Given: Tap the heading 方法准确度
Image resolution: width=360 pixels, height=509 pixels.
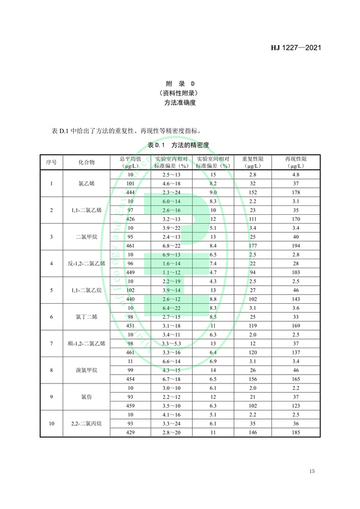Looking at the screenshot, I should coord(180,103).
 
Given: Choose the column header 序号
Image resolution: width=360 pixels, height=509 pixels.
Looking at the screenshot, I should coord(52,163).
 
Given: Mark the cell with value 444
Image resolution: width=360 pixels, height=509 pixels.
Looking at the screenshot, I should coord(130,192).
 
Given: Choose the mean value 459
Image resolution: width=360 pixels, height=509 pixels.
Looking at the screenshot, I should coord(130,405).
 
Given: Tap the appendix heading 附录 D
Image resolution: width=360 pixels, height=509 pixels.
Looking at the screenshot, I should coord(180,83).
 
